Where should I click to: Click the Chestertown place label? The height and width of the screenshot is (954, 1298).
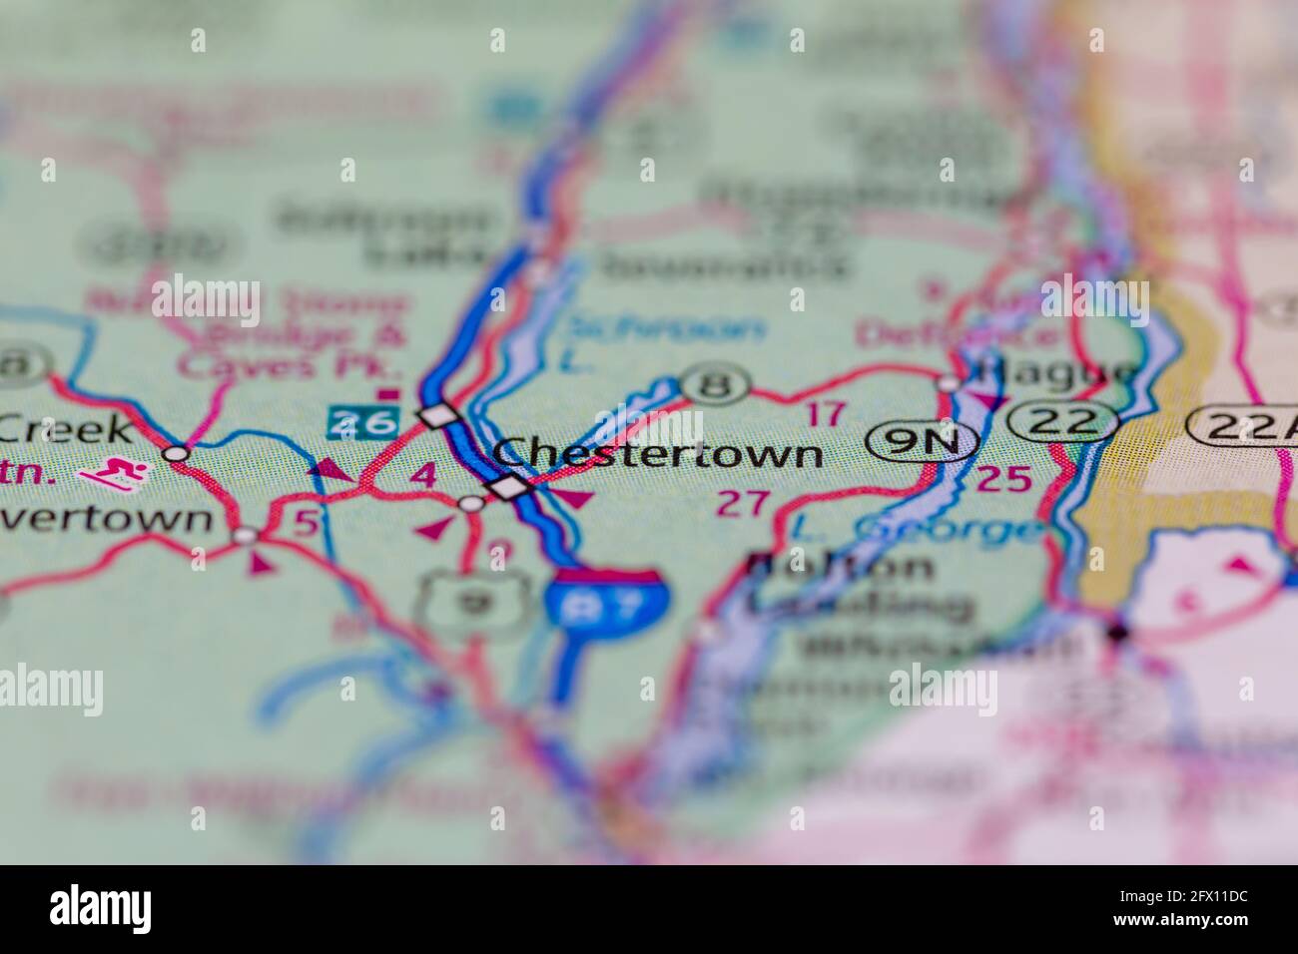[659, 454]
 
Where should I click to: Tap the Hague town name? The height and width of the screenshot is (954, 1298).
[1057, 372]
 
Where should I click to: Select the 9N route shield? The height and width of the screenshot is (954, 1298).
[922, 440]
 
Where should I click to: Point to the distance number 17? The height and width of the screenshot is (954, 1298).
[826, 413]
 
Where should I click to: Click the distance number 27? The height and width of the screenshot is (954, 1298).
[745, 503]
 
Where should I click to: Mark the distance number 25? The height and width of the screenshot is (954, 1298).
[1002, 480]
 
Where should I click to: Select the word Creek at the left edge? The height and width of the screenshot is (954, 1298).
[66, 429]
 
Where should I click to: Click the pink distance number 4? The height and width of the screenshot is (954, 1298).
[424, 475]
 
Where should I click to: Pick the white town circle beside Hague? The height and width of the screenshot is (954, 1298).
[950, 382]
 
